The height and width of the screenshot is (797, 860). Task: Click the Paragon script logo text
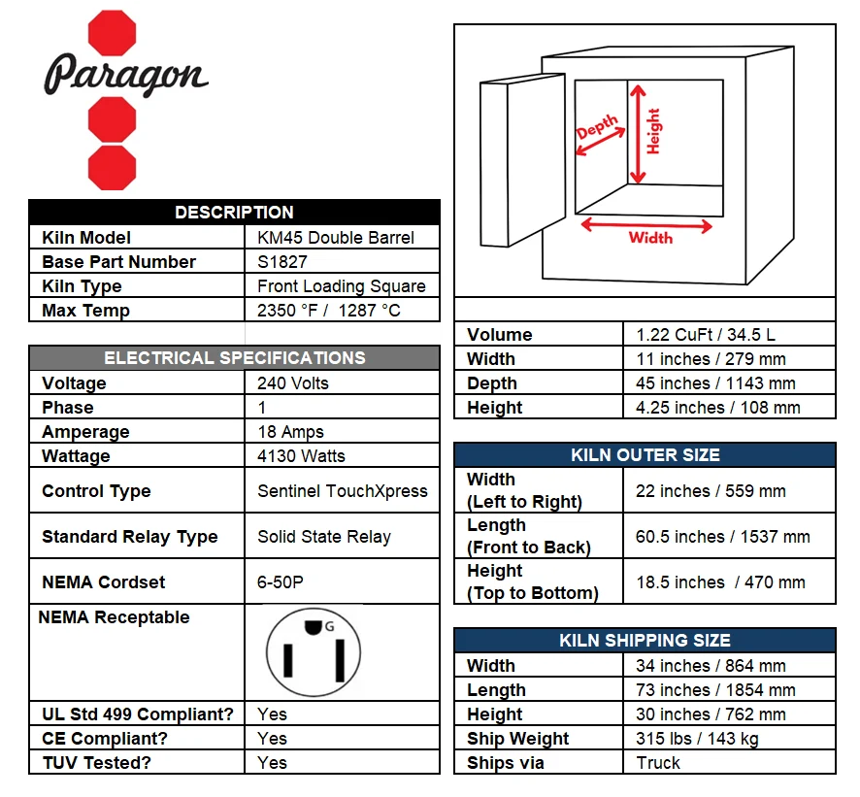tap(125, 75)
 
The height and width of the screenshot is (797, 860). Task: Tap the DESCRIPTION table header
tap(234, 213)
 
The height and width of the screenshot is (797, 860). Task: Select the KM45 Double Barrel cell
tap(336, 238)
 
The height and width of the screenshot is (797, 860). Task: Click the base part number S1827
tap(281, 262)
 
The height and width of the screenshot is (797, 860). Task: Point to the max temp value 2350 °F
tap(287, 311)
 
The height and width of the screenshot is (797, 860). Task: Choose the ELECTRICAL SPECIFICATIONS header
tap(234, 357)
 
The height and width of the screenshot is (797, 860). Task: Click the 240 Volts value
tap(293, 382)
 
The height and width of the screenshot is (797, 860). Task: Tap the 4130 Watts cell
tap(301, 456)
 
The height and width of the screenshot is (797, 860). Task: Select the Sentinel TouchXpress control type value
tap(343, 491)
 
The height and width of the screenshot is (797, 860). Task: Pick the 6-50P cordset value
tap(280, 582)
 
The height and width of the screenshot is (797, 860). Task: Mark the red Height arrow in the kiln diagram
tap(638, 134)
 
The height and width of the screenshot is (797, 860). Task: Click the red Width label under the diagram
tap(650, 238)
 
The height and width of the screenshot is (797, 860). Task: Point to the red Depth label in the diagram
tap(597, 126)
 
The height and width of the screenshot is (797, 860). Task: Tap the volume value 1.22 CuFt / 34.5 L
tap(706, 335)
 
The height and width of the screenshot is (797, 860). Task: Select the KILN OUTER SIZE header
tap(645, 454)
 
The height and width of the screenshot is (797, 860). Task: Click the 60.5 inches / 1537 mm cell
tap(722, 537)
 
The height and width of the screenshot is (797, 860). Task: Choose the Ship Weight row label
tap(517, 739)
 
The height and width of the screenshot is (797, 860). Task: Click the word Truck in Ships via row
tap(657, 762)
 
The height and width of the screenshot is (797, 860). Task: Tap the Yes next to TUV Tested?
tap(272, 762)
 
